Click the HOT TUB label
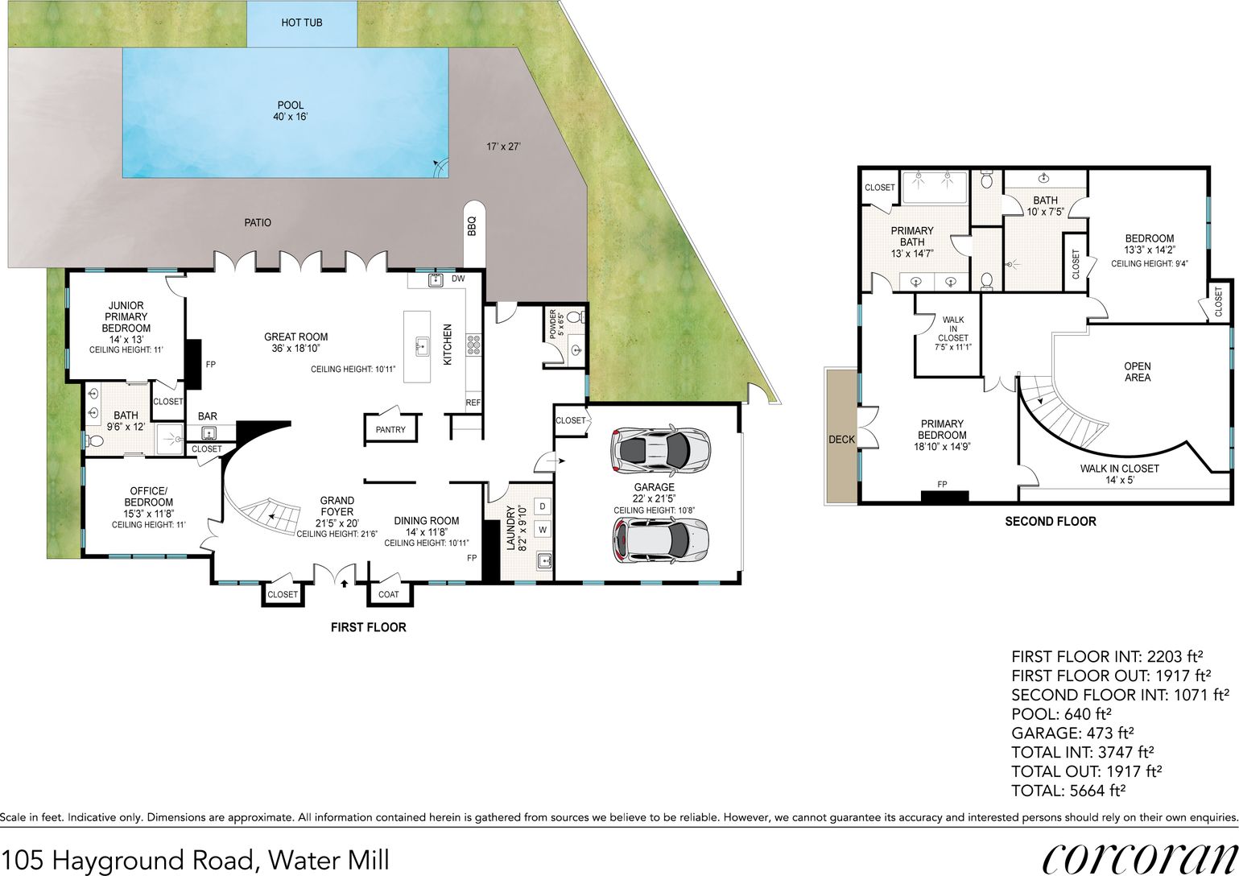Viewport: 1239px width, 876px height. point(301,23)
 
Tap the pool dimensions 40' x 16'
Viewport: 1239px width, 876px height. point(291,117)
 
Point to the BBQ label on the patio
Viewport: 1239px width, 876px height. point(472,226)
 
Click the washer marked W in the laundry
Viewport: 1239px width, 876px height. point(543,530)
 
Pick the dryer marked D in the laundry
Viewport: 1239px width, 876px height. point(543,506)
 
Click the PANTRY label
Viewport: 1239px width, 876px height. point(390,430)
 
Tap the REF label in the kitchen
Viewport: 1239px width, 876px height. point(473,403)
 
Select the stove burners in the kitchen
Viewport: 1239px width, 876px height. point(473,345)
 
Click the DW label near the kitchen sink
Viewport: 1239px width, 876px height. point(458,279)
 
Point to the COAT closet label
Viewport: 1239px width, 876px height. point(388,594)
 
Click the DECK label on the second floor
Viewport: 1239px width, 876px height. point(841,440)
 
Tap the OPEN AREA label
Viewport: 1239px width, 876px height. point(1138,372)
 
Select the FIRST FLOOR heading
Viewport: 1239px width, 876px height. point(369,627)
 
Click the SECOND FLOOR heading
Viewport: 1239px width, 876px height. point(1051,522)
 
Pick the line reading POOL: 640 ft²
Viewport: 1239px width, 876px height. point(1061,713)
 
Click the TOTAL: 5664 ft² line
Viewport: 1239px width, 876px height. point(1068,791)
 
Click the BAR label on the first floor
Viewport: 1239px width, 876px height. point(208,416)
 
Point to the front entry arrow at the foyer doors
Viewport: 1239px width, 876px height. point(345,582)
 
